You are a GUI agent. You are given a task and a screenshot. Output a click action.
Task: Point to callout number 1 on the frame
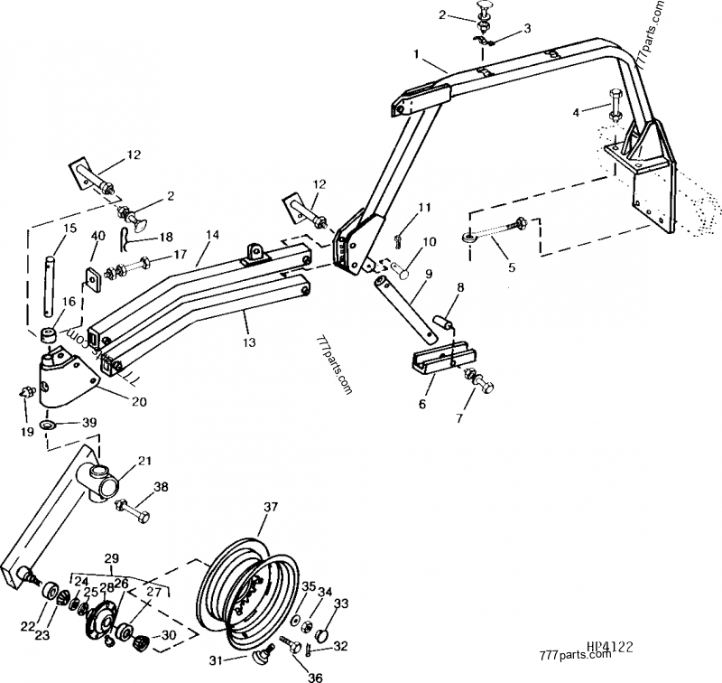point(417,56)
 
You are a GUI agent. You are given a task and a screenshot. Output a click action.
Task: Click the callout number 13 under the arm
point(246,341)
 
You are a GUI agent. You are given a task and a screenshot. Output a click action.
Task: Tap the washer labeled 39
point(47,425)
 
